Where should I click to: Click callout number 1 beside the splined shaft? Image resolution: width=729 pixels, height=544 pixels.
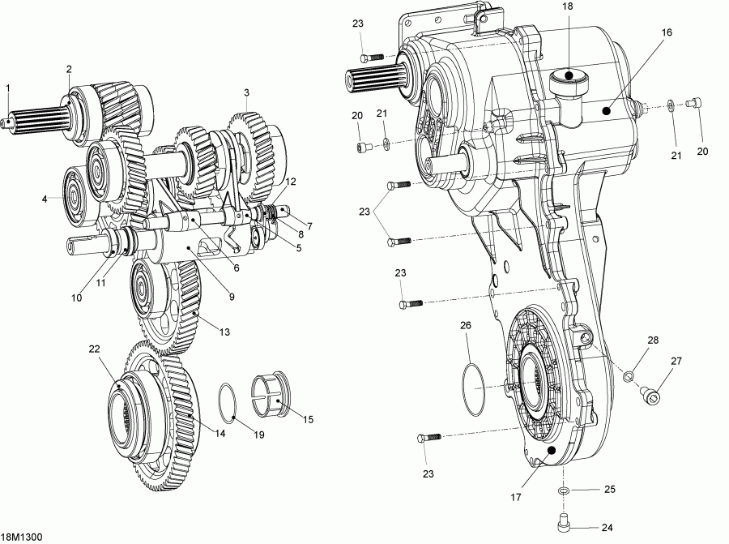(x=7, y=88)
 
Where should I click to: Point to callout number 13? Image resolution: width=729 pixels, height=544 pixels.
(x=224, y=332)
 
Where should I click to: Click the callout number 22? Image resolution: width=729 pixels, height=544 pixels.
(x=94, y=349)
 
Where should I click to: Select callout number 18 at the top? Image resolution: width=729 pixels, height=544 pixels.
(x=568, y=6)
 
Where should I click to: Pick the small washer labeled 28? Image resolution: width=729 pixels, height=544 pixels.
(x=627, y=375)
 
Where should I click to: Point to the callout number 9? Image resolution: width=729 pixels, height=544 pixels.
(x=231, y=297)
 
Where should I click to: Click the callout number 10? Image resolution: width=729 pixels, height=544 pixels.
(x=76, y=298)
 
